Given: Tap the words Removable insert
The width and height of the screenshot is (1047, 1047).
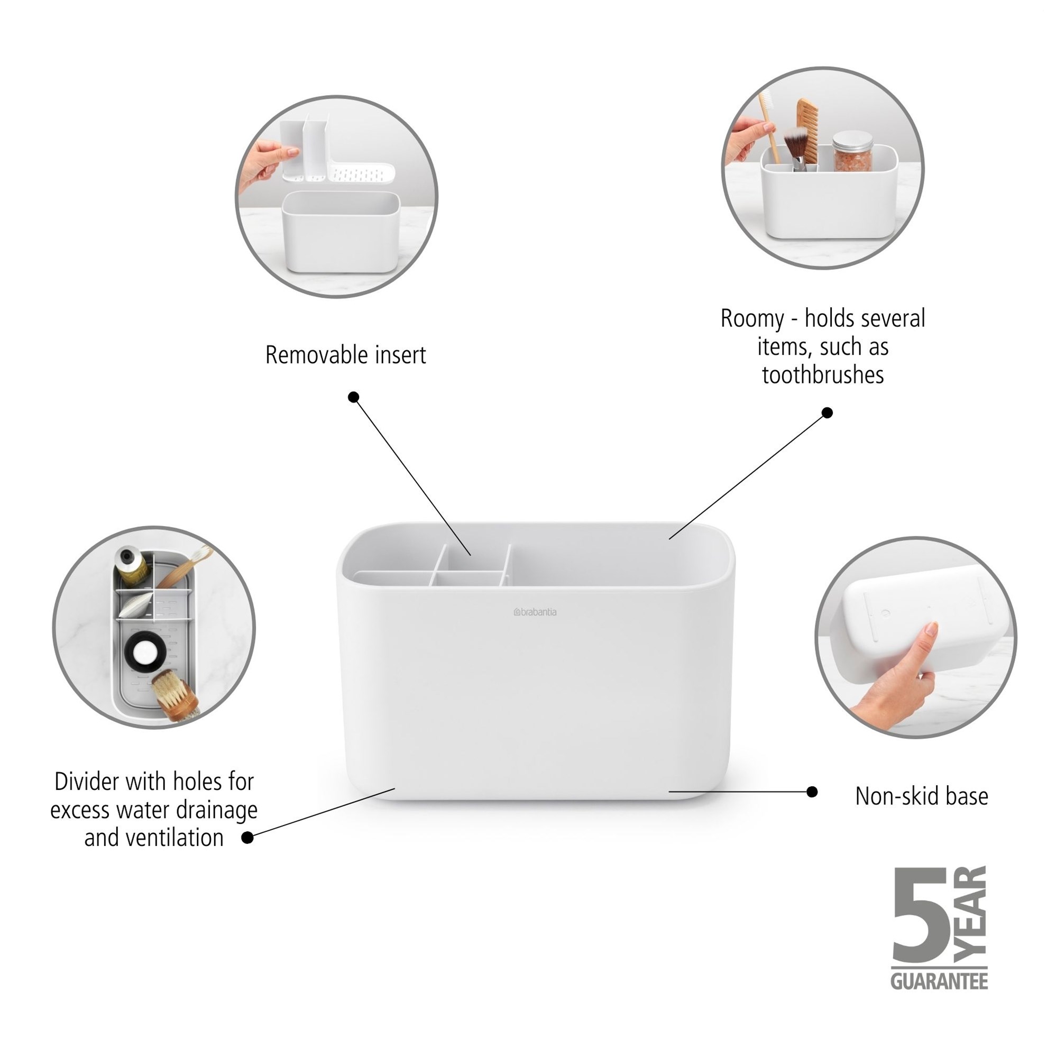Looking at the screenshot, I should [345, 355].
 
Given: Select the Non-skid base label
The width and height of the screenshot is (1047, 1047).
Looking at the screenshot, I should [921, 796].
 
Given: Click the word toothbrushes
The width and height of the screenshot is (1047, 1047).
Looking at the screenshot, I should [823, 374].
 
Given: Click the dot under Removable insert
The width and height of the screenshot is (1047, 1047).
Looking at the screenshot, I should [353, 397].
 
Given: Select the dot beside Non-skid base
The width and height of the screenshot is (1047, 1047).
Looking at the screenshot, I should [812, 792].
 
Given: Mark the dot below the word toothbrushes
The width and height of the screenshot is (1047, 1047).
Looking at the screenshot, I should [827, 412].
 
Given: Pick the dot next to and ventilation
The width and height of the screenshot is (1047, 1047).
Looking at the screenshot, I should [247, 837].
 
